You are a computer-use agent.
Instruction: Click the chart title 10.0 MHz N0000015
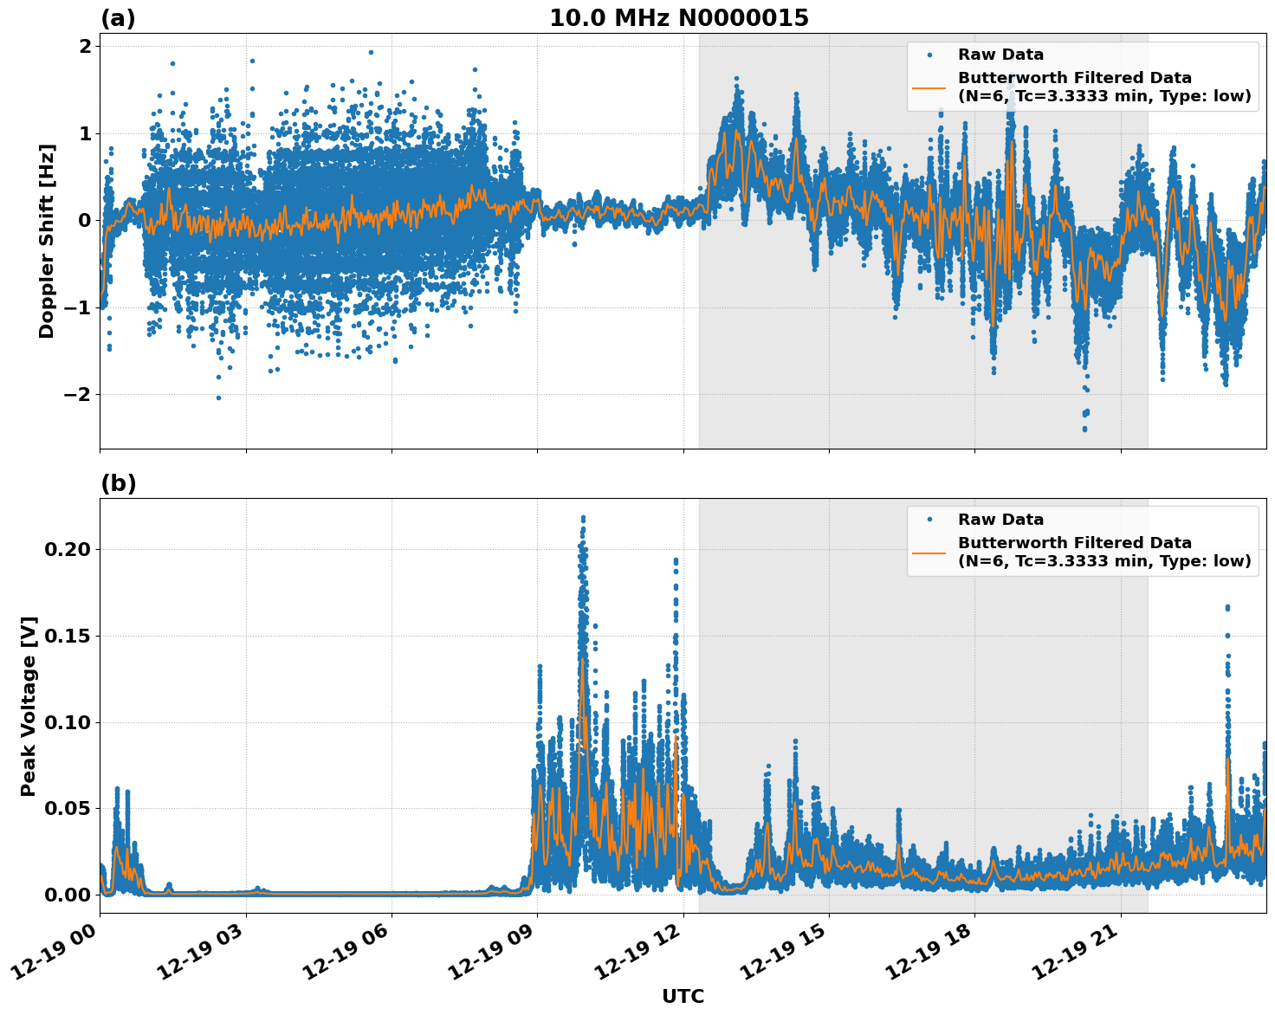coord(678,18)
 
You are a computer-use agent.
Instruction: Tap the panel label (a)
coord(118,18)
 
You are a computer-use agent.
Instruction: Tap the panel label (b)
coord(118,483)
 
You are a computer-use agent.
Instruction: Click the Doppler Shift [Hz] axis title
coord(47,241)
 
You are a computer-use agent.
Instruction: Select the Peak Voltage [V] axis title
coord(29,706)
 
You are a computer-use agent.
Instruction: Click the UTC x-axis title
coord(683,996)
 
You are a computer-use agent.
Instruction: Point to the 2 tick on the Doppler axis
coord(84,46)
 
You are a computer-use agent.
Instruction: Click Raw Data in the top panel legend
coord(1000,55)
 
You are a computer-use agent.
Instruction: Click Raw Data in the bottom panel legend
coord(1000,520)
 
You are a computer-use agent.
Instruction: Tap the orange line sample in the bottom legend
coord(929,552)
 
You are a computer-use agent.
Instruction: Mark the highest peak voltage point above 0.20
coord(583,518)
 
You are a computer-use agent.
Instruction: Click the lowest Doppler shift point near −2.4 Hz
coord(1084,429)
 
